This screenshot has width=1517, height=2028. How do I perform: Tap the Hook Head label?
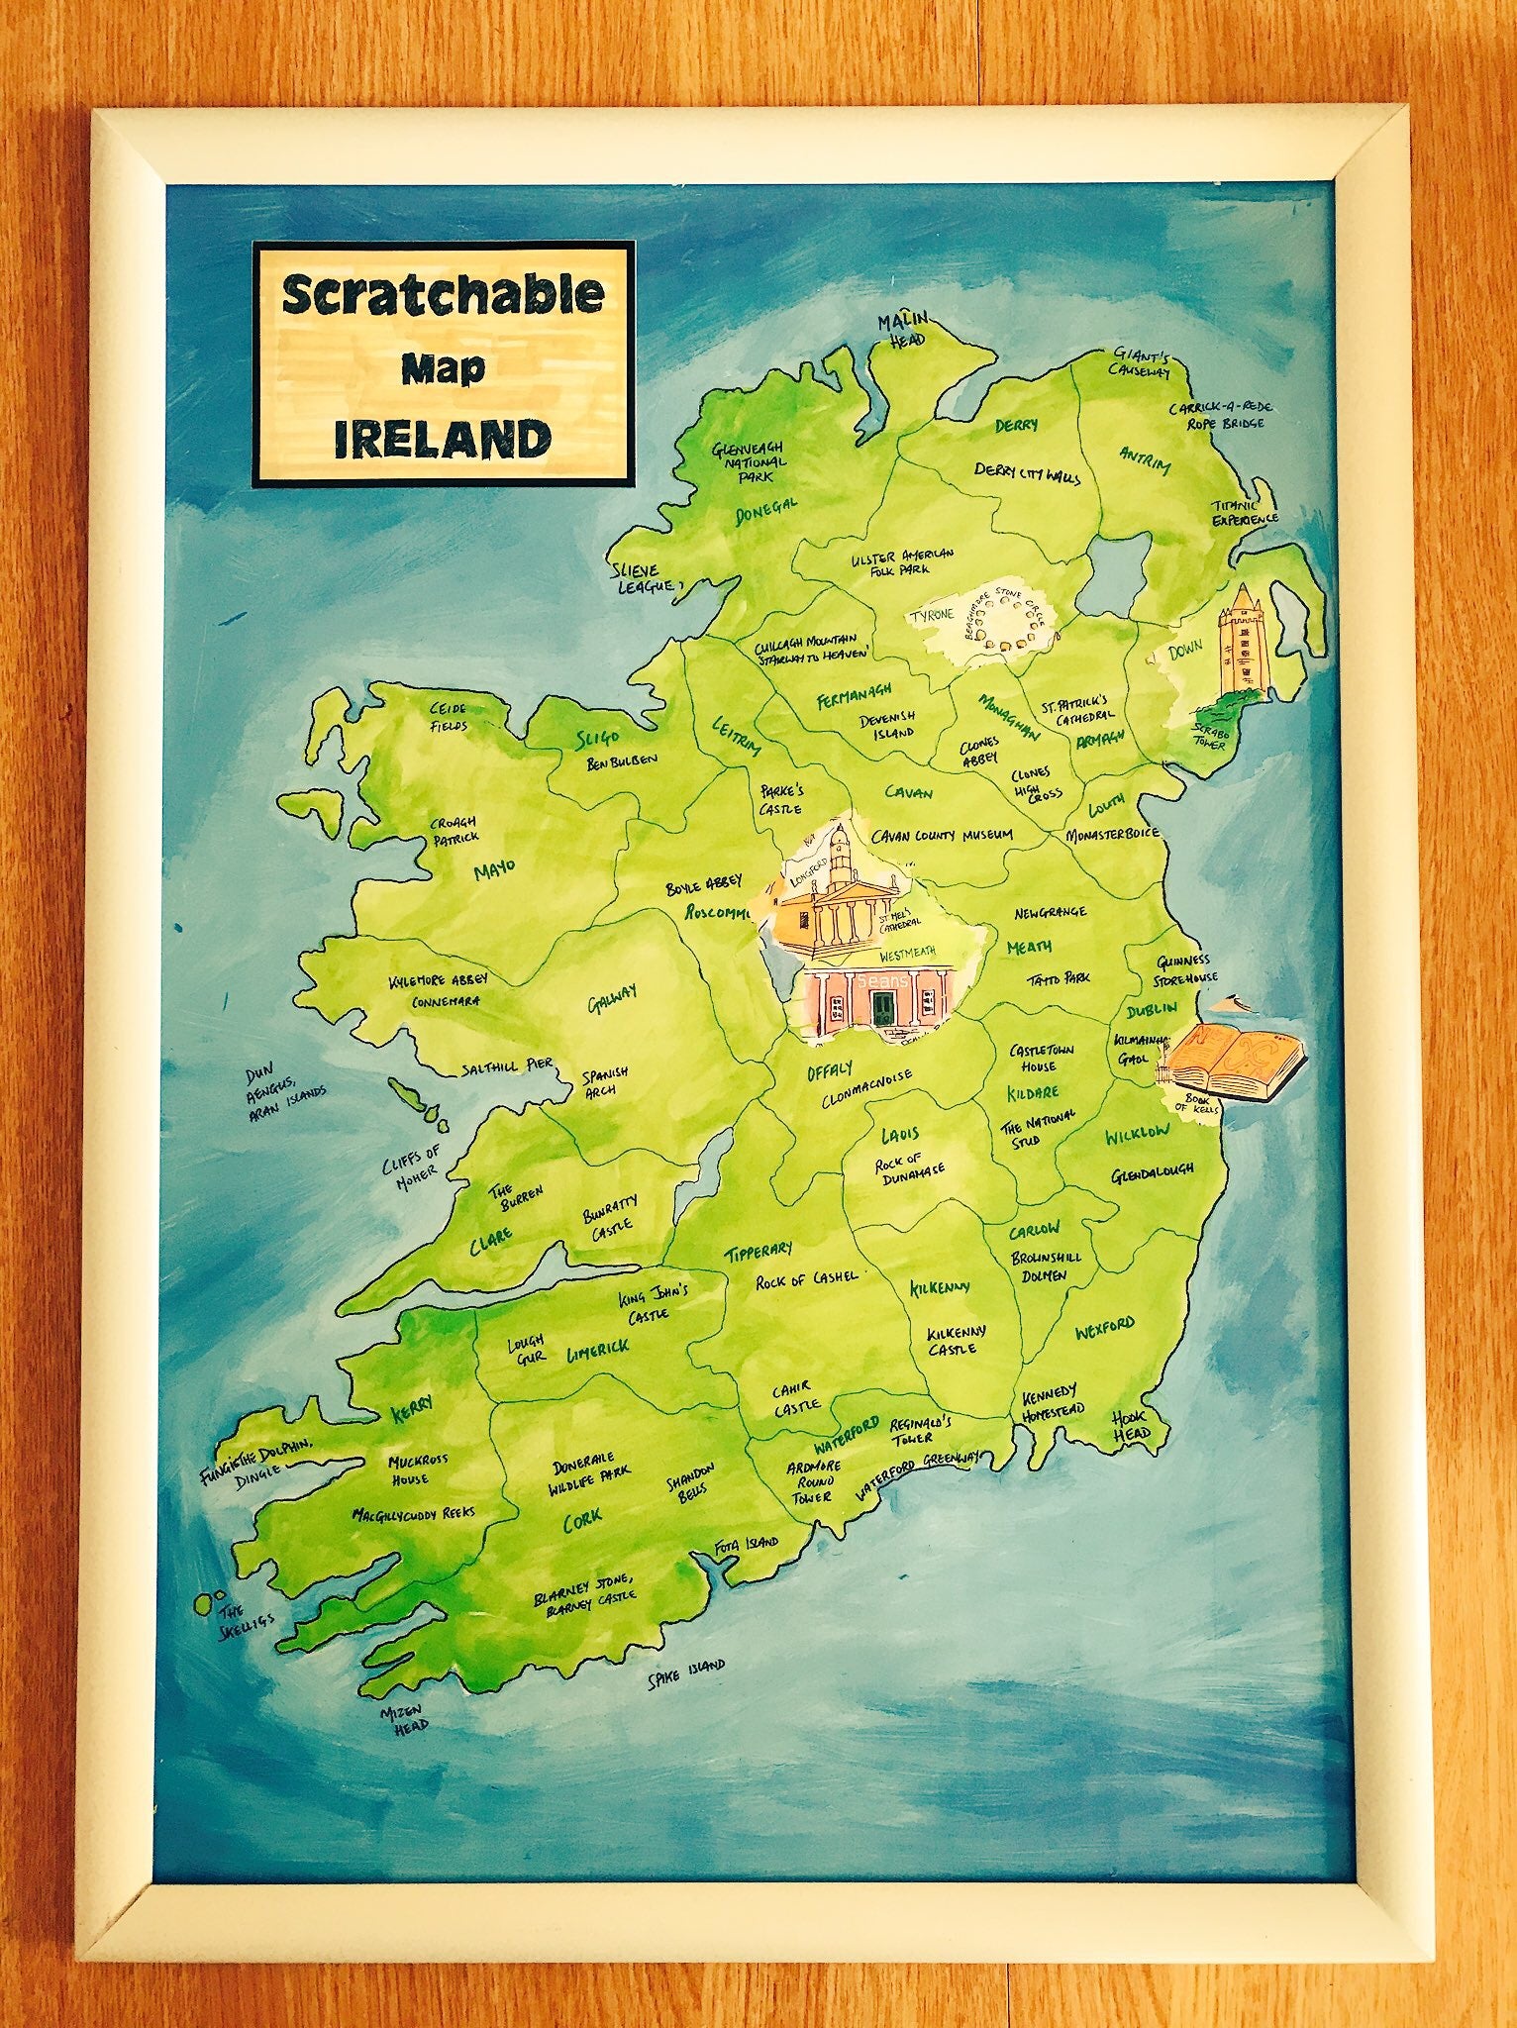1129,1425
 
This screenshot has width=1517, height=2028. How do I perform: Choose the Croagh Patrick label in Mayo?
455,829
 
